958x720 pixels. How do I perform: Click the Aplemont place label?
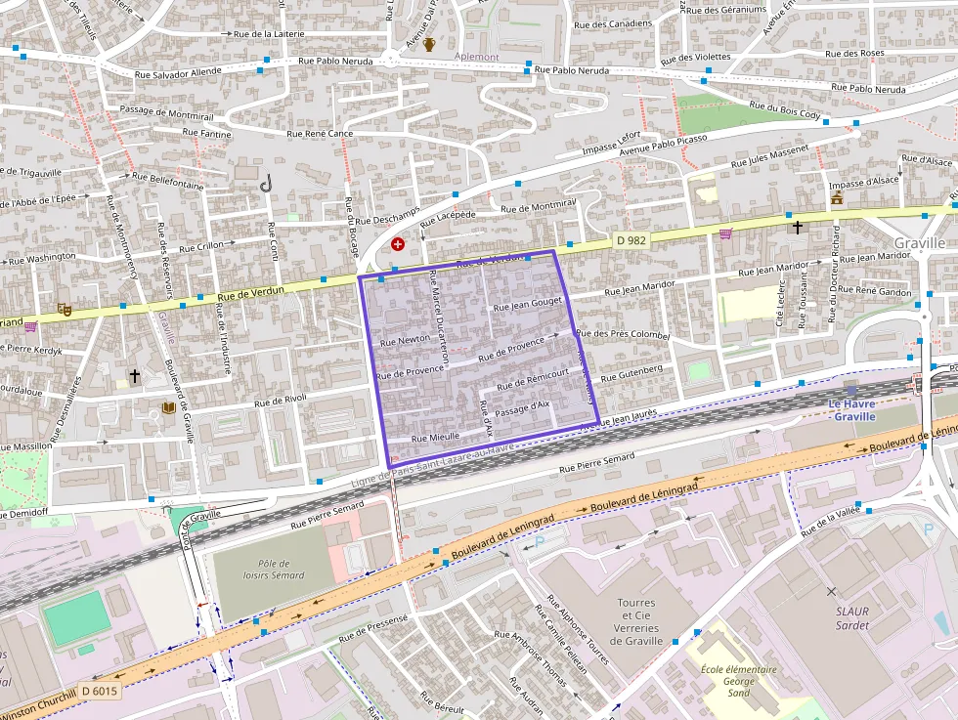(x=476, y=57)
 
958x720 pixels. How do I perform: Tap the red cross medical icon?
(x=397, y=243)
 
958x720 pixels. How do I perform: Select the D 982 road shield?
(x=632, y=239)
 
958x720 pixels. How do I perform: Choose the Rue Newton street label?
(x=405, y=340)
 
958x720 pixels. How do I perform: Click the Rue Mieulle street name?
(x=436, y=437)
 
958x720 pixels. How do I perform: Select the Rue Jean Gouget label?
(x=528, y=306)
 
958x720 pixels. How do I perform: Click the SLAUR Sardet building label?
(x=852, y=617)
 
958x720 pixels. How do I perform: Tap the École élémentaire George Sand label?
(x=739, y=681)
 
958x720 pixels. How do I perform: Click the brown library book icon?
(x=167, y=407)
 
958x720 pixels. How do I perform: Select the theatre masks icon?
(x=65, y=309)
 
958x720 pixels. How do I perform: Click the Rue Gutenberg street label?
(x=631, y=373)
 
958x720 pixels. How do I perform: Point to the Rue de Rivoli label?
(x=281, y=400)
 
